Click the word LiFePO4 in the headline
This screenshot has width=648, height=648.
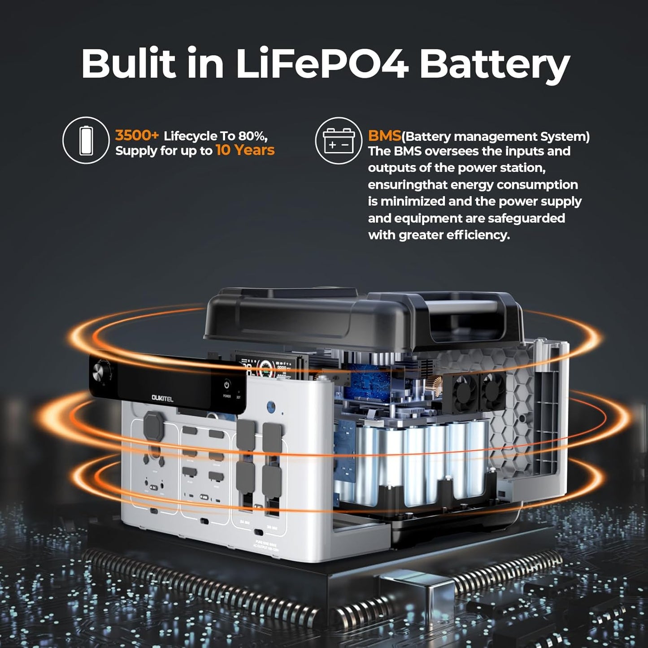tap(322, 64)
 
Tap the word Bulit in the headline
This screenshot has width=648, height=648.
tap(128, 64)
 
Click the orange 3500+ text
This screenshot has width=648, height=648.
tap(137, 135)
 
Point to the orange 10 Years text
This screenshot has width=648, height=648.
tap(245, 150)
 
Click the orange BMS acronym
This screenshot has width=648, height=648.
tap(384, 136)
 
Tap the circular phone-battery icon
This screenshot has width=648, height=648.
tap(86, 140)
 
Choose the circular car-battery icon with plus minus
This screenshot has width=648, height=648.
tap(339, 140)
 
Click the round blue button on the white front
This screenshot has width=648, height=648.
tap(270, 407)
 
